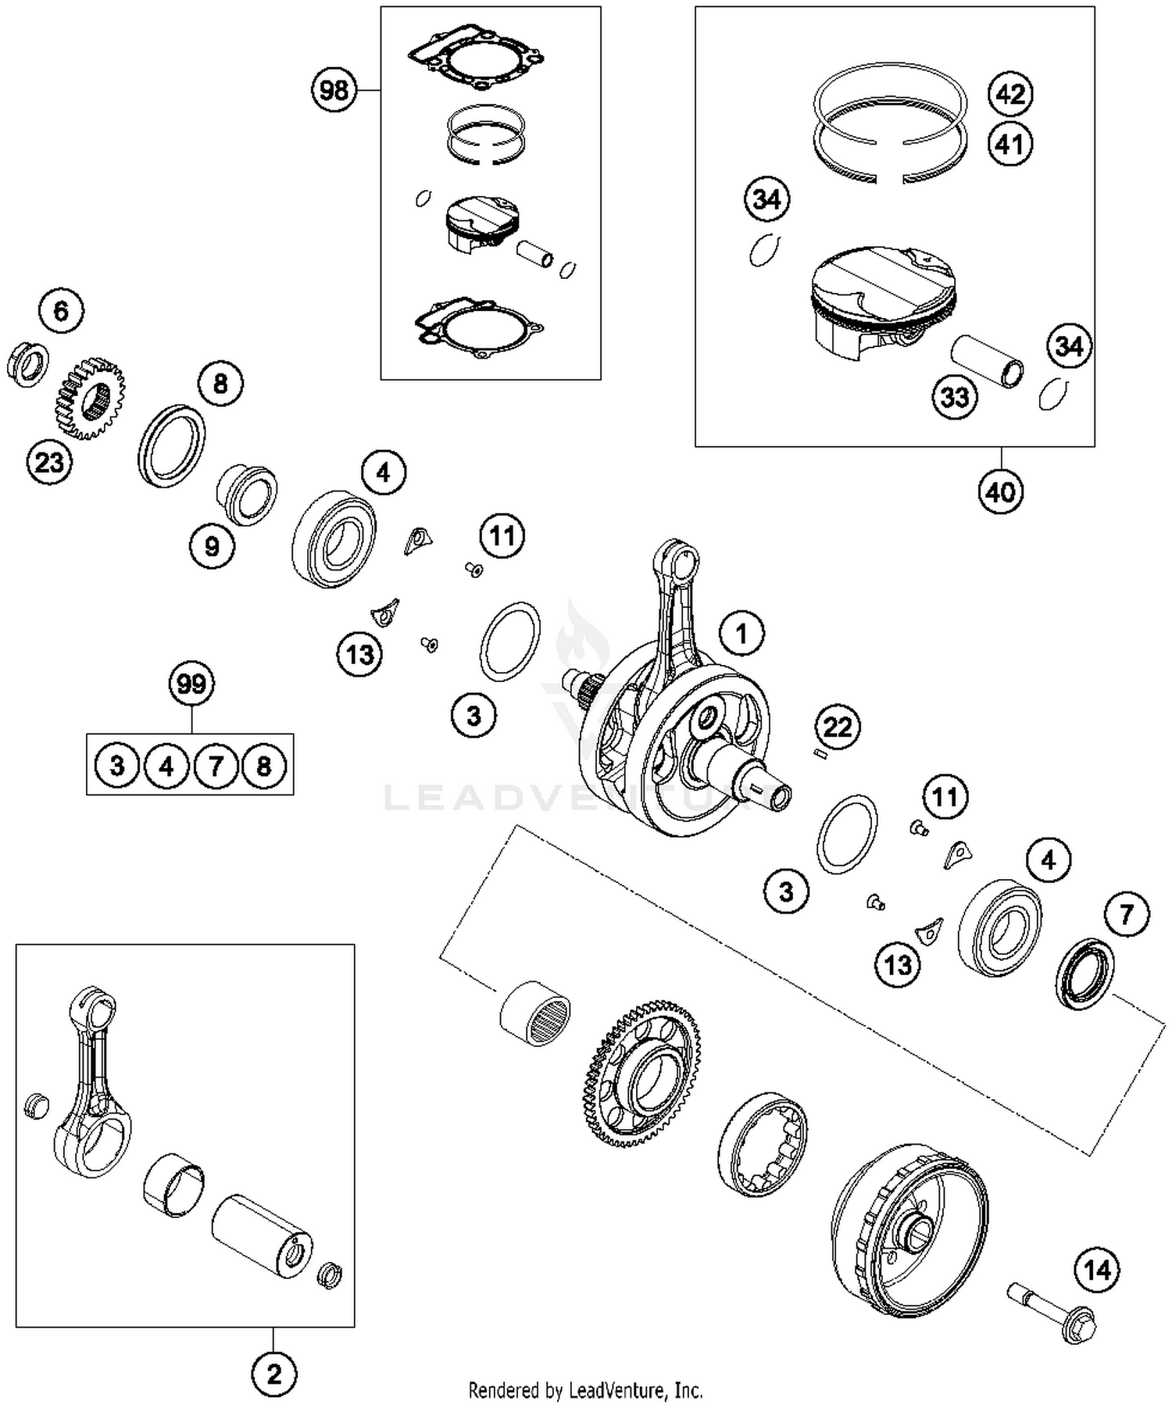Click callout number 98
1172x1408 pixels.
(x=334, y=91)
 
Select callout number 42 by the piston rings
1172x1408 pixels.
(x=1010, y=94)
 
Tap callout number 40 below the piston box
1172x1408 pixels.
(x=1000, y=492)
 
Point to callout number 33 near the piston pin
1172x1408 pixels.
(x=955, y=397)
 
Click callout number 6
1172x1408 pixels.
(x=61, y=312)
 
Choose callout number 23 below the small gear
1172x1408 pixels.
(x=49, y=462)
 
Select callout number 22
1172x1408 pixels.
(x=838, y=727)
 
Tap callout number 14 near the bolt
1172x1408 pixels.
(x=1097, y=1270)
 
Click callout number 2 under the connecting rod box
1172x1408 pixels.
(x=273, y=1374)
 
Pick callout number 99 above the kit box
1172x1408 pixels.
(x=191, y=684)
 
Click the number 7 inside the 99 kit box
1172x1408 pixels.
(x=216, y=766)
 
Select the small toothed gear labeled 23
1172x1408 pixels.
(x=91, y=398)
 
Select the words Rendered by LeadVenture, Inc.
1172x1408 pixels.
(x=585, y=1391)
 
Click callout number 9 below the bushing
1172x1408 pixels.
(x=212, y=546)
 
